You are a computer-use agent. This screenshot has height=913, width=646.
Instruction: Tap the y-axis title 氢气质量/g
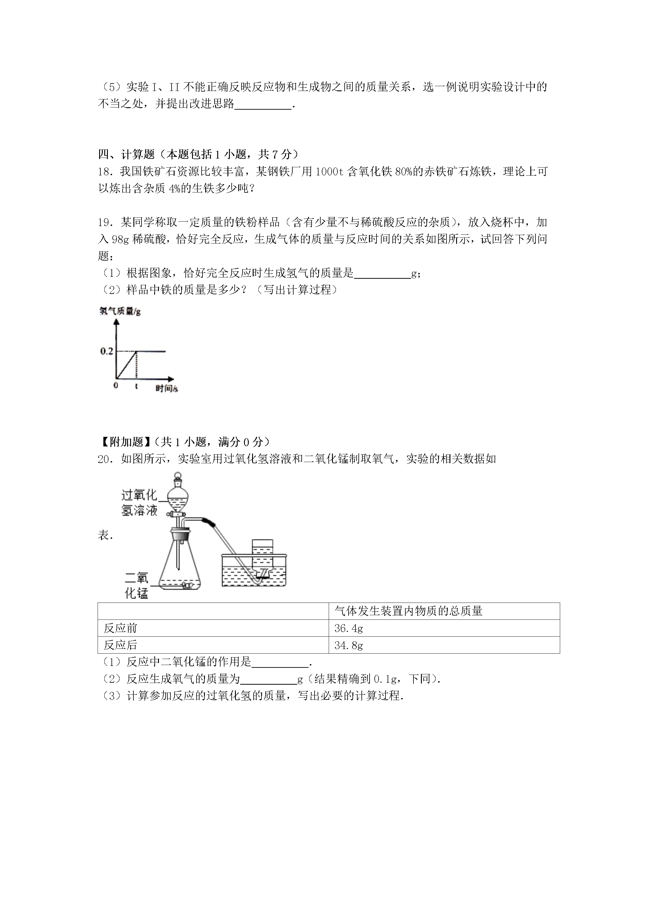[120, 311]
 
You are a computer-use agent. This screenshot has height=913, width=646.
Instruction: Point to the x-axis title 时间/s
[166, 388]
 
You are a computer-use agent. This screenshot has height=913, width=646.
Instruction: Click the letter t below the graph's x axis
[136, 386]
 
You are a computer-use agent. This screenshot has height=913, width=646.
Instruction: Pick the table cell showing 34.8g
[349, 645]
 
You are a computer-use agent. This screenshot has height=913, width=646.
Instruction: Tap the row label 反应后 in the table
[120, 645]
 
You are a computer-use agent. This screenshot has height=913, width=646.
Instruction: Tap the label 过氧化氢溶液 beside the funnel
[139, 503]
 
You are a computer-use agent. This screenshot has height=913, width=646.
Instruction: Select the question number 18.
[104, 171]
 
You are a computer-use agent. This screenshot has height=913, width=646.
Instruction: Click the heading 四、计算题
[126, 154]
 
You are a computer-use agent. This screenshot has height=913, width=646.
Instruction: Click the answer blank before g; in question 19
[382, 274]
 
